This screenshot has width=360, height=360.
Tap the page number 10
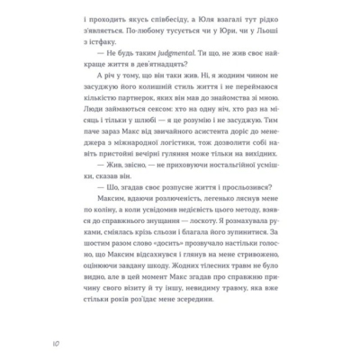click(x=56, y=343)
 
